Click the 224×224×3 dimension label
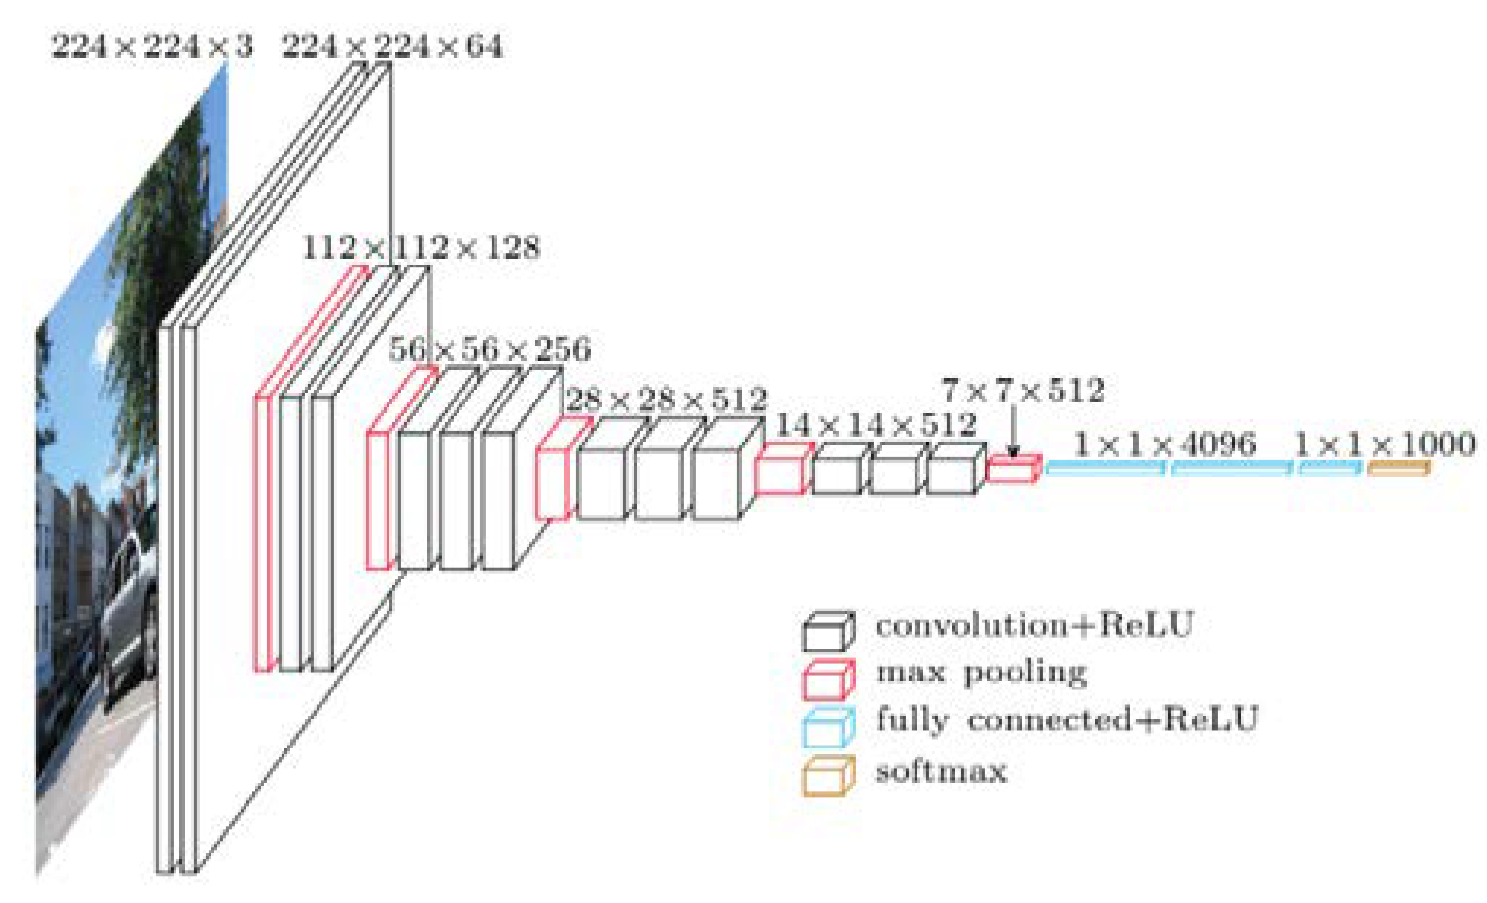click(152, 47)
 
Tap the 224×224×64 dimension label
click(392, 47)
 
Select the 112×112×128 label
click(421, 249)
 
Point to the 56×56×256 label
click(489, 349)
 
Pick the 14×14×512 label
click(875, 425)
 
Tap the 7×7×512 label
click(1022, 391)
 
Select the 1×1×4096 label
click(1165, 445)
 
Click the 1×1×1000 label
click(1384, 444)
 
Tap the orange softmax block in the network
click(1397, 468)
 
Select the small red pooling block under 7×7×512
click(1013, 469)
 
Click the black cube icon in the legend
click(828, 631)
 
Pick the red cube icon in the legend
click(828, 680)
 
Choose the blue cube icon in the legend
click(828, 728)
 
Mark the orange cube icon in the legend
click(828, 777)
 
